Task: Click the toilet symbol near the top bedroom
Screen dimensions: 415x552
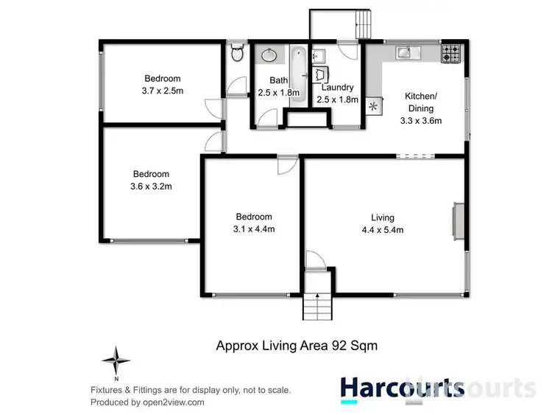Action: coord(237,54)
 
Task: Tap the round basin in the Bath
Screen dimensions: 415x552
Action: coord(267,55)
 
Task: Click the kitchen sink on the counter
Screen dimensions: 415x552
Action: coord(406,52)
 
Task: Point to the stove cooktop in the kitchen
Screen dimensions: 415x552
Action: coord(450,52)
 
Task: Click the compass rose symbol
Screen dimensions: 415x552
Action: coord(116,361)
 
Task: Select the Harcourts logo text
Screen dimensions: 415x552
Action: coord(402,388)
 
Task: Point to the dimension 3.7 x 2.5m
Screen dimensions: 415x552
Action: coord(162,91)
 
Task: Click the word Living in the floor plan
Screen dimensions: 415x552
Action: coord(383,217)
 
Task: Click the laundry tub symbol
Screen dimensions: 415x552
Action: coord(321,74)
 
